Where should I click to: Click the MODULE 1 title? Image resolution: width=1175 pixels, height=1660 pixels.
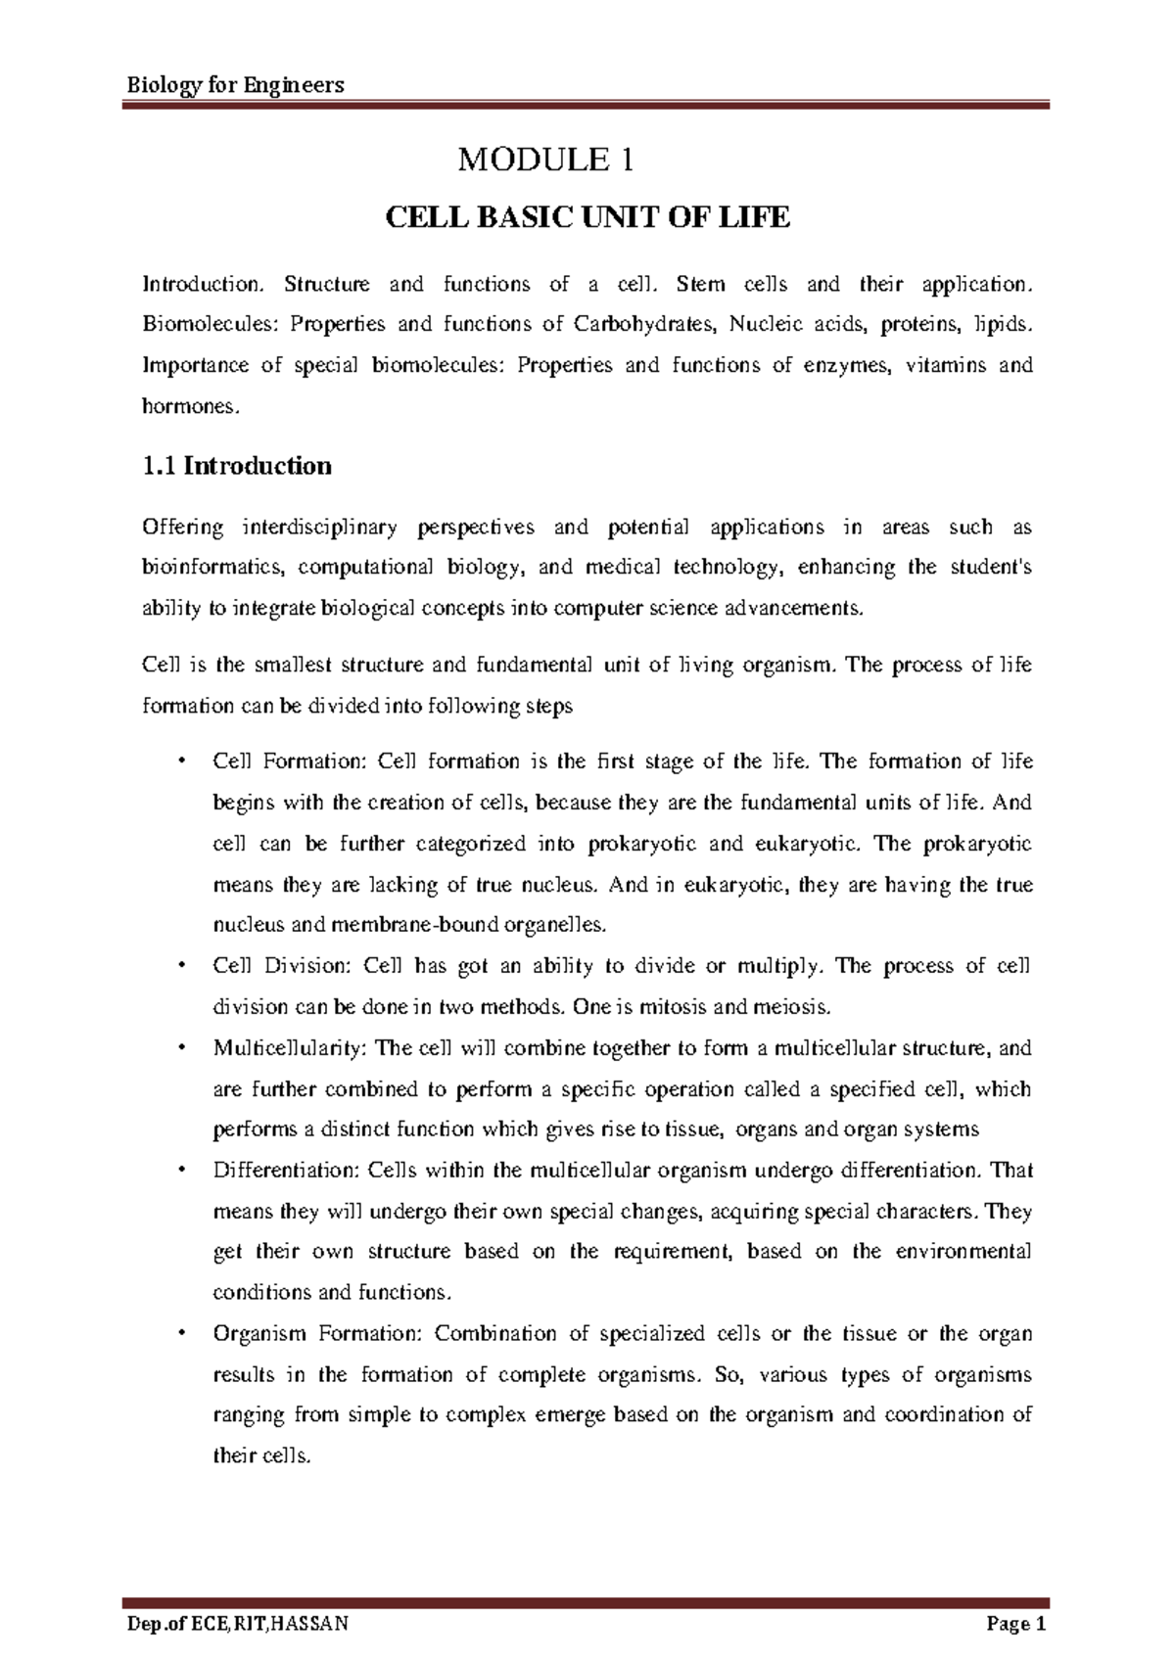546,160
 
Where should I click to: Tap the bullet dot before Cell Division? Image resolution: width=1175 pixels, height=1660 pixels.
180,967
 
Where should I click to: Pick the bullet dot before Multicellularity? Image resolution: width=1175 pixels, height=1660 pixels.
180,1048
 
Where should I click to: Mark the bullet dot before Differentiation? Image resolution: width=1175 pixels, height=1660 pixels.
180,1171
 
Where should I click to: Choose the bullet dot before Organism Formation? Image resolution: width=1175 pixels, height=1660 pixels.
180,1334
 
